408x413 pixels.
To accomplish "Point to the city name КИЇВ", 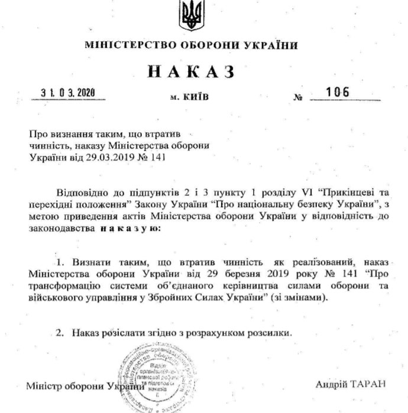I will pos(198,94).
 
